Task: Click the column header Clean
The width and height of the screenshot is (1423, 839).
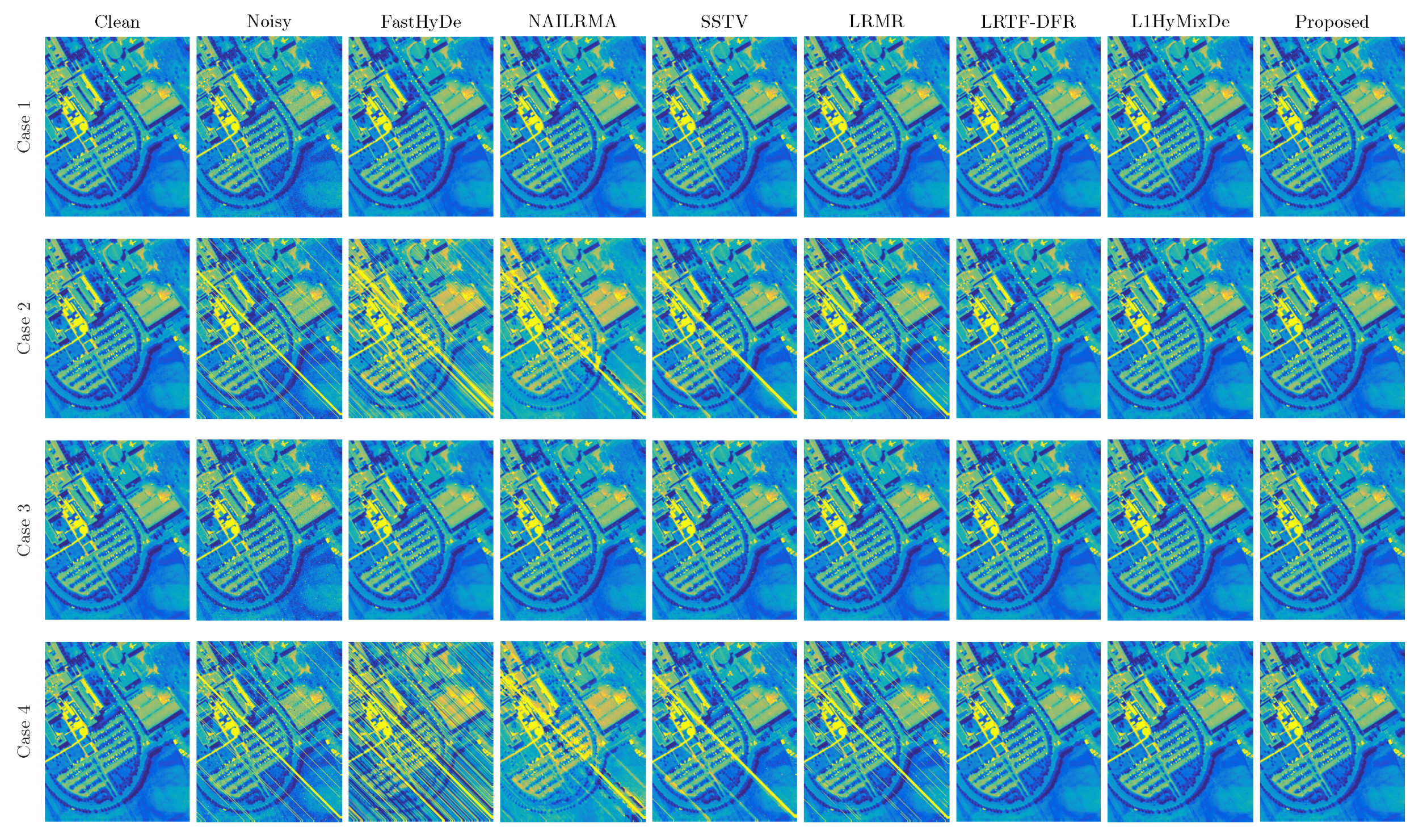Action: pyautogui.click(x=117, y=22)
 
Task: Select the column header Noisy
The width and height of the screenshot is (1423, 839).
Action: pyautogui.click(x=269, y=22)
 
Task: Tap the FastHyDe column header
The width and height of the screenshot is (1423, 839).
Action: pyautogui.click(x=420, y=22)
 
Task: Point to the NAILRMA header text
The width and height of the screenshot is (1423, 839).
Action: pyautogui.click(x=572, y=22)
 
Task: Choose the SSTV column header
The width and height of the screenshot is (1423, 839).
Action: pyautogui.click(x=724, y=22)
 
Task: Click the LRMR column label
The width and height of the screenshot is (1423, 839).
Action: pyautogui.click(x=876, y=22)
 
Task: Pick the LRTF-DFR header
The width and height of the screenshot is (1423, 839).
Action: pyautogui.click(x=1028, y=22)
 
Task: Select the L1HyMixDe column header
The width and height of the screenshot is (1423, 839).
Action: pyautogui.click(x=1180, y=22)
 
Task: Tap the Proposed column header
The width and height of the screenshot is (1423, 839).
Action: pyautogui.click(x=1332, y=22)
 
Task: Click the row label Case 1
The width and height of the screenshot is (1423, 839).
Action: pyautogui.click(x=24, y=127)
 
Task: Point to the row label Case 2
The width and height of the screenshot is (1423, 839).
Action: pyautogui.click(x=24, y=329)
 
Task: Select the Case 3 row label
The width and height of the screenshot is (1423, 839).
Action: pyautogui.click(x=24, y=530)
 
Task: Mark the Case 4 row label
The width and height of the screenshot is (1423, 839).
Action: pyautogui.click(x=24, y=732)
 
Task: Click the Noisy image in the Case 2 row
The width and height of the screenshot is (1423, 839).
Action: pyautogui.click(x=269, y=329)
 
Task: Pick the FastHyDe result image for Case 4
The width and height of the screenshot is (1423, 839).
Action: pyautogui.click(x=420, y=732)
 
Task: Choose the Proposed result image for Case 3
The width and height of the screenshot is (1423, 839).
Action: pyautogui.click(x=1332, y=530)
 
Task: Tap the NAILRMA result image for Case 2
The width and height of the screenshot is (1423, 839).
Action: pyautogui.click(x=572, y=329)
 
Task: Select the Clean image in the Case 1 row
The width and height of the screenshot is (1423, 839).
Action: pyautogui.click(x=117, y=127)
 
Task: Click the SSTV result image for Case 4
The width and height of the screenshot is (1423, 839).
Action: pyautogui.click(x=724, y=732)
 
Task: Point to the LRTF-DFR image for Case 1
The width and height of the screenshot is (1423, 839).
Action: pyautogui.click(x=1028, y=127)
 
